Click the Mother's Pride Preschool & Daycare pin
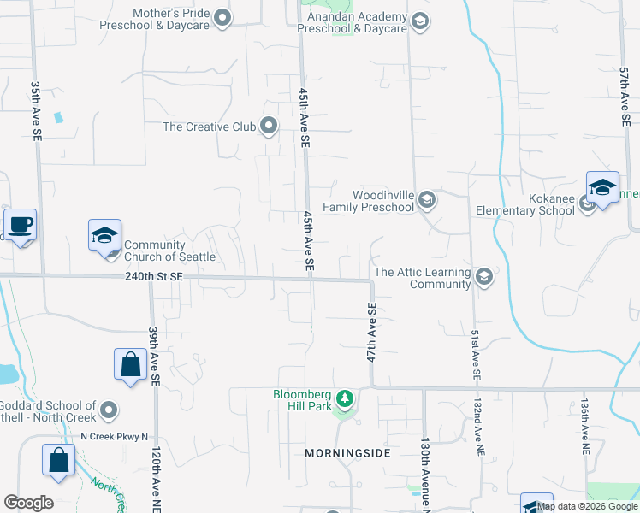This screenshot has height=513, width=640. (222, 18)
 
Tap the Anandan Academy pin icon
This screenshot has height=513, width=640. (419, 21)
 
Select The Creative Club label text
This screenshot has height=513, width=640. (210, 127)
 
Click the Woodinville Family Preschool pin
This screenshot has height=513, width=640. (428, 200)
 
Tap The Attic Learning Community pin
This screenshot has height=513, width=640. (484, 276)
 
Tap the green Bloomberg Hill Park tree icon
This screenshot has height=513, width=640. (345, 398)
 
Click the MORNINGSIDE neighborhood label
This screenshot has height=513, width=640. (348, 452)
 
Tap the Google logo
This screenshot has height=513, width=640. (28, 503)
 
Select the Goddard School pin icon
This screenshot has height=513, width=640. (108, 410)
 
